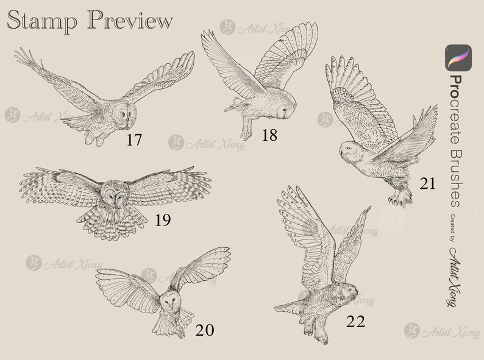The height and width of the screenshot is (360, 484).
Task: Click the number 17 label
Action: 134,140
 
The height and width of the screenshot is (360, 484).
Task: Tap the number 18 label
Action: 269,135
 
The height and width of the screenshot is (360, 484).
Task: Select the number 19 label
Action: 162,219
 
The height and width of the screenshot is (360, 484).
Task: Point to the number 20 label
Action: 205,331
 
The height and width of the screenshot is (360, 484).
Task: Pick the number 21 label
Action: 428,183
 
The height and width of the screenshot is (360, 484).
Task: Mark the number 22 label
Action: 355,321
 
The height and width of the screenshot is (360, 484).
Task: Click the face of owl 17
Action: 126,114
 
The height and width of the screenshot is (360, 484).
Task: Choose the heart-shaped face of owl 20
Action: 170,300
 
